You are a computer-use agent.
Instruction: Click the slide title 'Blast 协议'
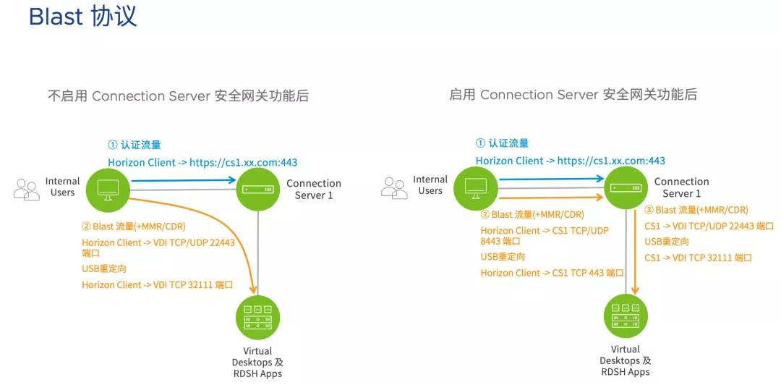82,17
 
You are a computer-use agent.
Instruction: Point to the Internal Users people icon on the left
27,190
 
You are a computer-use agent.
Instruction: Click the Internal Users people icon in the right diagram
394,188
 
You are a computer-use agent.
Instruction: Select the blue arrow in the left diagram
183,180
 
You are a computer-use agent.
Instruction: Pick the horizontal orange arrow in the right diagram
551,198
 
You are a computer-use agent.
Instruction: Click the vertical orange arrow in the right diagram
635,253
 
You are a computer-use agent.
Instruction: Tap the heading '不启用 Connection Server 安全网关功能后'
178,96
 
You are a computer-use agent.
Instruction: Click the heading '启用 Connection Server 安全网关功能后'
573,94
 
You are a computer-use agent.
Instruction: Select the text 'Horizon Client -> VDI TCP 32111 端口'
158,285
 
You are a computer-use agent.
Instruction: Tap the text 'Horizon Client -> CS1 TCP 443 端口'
552,273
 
